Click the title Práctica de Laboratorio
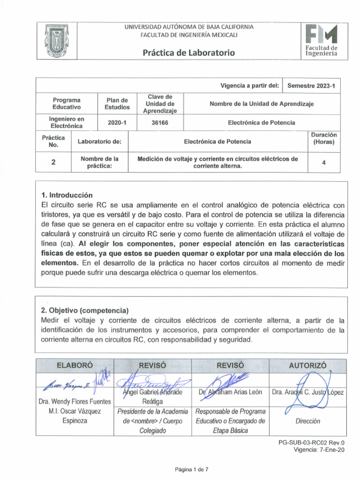189,52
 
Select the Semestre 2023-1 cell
307,86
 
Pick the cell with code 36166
160,122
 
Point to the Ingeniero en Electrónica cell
66,122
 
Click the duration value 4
324,162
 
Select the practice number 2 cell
53,162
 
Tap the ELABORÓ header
75,365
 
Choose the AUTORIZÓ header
308,365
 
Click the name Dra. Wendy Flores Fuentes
75,401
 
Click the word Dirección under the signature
307,421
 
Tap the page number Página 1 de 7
188,468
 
